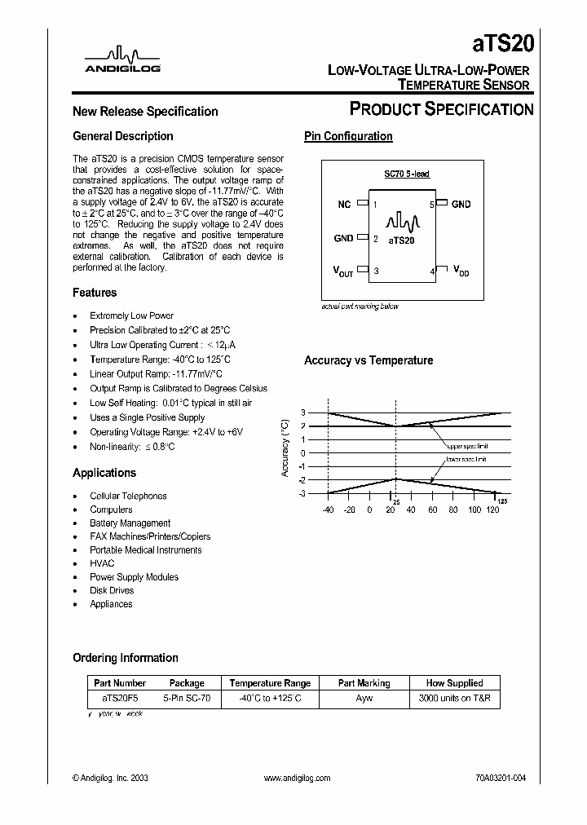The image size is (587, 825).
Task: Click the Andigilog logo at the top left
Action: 123,60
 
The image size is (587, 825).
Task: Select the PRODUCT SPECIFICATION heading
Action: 441,109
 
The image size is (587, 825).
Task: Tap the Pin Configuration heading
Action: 348,136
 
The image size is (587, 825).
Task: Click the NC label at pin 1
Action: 344,205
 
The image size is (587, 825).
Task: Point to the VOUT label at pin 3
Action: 343,271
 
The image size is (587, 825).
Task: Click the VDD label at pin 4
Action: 461,271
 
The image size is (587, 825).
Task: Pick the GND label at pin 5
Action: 461,204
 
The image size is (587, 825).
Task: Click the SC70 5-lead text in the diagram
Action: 407,174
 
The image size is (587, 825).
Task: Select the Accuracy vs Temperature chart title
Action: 369,360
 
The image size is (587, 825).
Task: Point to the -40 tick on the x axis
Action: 328,510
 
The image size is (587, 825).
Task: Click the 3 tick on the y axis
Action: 302,412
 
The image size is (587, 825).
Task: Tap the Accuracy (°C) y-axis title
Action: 285,448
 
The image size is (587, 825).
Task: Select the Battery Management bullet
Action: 130,523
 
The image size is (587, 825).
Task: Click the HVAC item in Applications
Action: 102,563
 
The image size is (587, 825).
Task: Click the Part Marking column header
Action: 364,683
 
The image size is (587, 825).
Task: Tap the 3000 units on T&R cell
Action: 454,699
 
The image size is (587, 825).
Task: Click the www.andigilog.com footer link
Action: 298,779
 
